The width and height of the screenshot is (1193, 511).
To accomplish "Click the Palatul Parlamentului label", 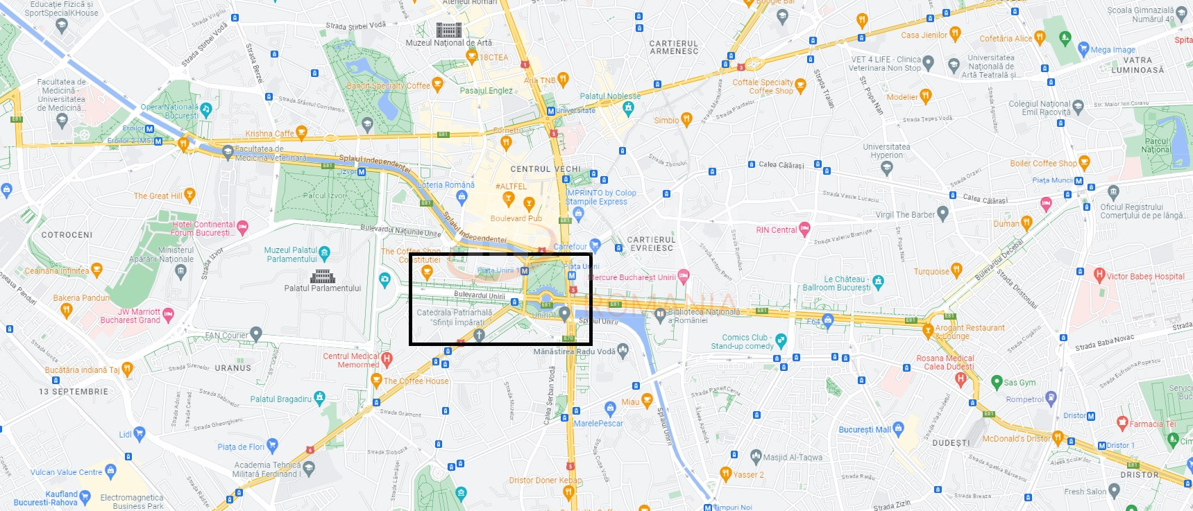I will click(x=322, y=288).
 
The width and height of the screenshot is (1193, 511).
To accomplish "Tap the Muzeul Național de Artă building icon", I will click(x=448, y=30).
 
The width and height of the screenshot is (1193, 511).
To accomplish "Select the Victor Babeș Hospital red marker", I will click(x=1099, y=275).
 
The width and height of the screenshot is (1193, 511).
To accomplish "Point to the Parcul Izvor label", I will click(x=324, y=196).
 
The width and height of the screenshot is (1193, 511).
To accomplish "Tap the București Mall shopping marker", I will click(x=899, y=428).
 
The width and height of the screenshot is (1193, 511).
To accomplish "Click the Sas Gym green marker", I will click(x=997, y=381).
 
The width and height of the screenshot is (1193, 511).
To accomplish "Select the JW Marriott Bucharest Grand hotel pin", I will click(x=168, y=315).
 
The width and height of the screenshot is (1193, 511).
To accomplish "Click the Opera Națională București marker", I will click(x=205, y=110).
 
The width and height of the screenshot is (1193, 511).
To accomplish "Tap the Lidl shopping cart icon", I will click(x=139, y=434).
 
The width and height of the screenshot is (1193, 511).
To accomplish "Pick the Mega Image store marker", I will click(x=1083, y=49).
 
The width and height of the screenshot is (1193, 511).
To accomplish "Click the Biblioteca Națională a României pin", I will click(x=660, y=315).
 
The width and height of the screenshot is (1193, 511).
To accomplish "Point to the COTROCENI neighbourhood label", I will click(x=67, y=235).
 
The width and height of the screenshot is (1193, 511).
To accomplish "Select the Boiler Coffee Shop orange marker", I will click(x=1084, y=163).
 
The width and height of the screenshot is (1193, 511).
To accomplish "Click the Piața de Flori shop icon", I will click(x=272, y=446).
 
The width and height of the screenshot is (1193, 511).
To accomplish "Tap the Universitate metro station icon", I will click(x=550, y=111).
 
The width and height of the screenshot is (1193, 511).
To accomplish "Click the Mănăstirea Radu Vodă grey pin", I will click(x=623, y=351).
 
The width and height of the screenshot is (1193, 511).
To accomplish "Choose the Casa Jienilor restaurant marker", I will click(x=955, y=33).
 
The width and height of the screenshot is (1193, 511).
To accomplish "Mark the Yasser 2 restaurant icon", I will click(x=725, y=474).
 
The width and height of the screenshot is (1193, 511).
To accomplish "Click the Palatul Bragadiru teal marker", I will click(x=319, y=398).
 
